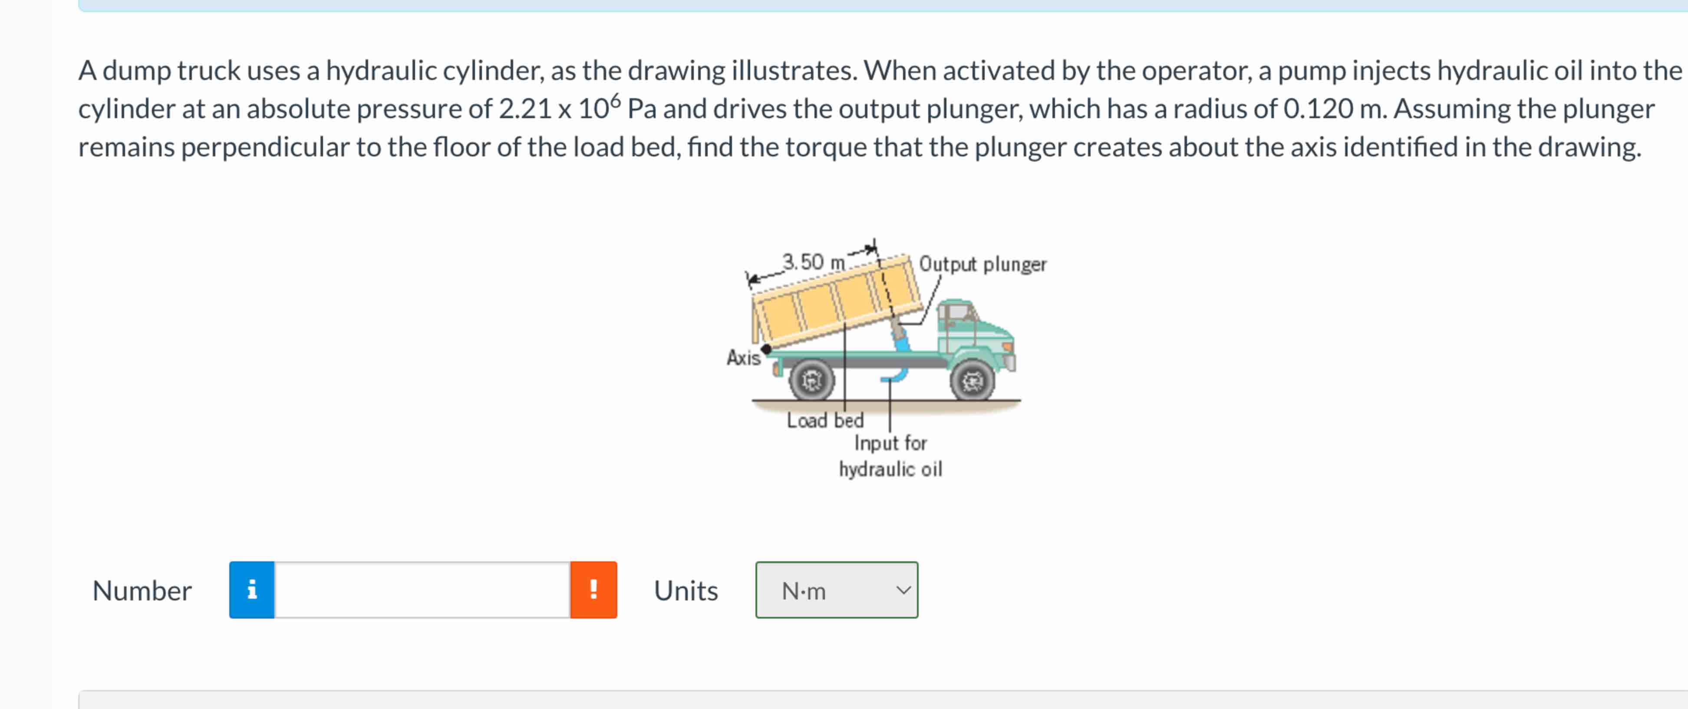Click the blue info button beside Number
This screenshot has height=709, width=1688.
[252, 590]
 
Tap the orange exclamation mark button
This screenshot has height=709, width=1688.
[593, 590]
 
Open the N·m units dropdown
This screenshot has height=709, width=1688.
[836, 590]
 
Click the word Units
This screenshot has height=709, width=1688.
[686, 590]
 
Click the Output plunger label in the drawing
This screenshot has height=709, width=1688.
[982, 264]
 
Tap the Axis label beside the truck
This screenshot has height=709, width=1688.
[743, 358]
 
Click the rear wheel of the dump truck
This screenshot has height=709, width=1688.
[811, 380]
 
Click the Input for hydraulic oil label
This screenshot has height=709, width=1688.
[890, 456]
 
